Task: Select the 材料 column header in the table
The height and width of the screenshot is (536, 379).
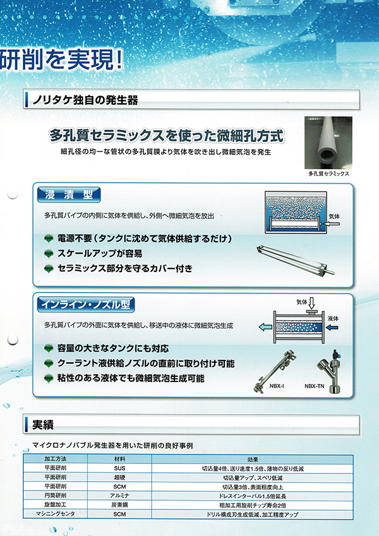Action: (x=119, y=458)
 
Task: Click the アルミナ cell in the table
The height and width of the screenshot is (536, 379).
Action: (x=119, y=496)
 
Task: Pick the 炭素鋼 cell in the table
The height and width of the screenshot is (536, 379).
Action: (x=119, y=506)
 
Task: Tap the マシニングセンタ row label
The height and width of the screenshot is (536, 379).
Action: (x=54, y=515)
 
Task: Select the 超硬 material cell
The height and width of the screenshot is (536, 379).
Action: (x=119, y=477)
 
